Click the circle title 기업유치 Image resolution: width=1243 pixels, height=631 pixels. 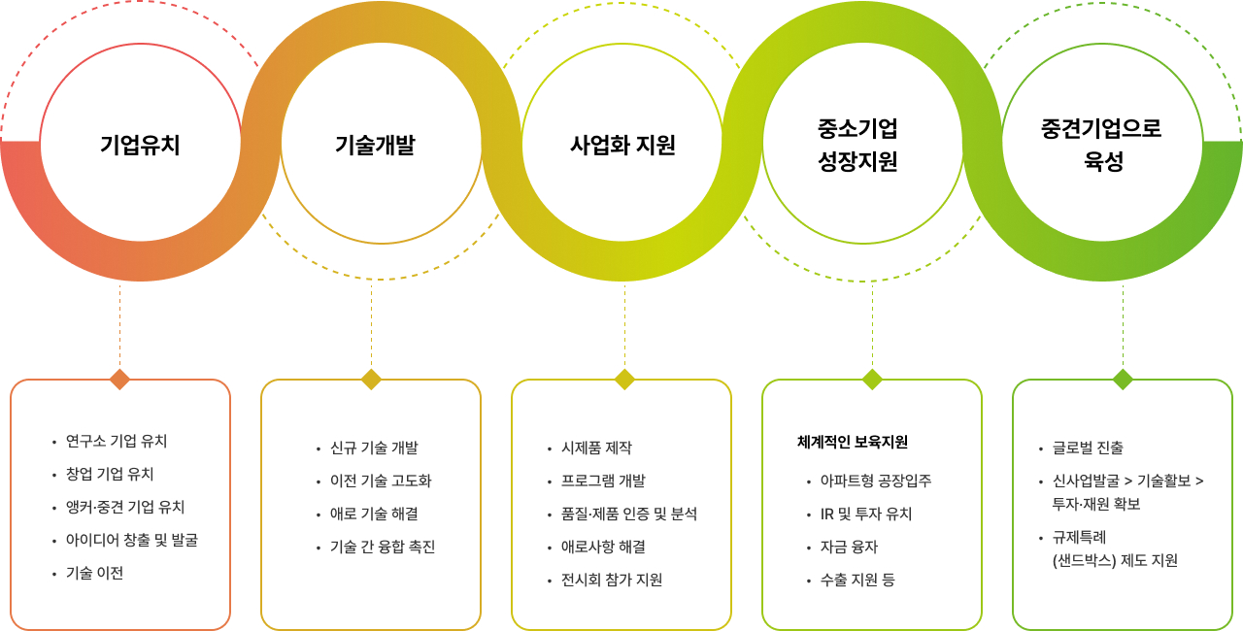[140, 146]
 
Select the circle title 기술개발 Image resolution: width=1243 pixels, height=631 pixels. [375, 146]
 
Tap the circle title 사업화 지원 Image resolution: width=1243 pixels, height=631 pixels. [622, 146]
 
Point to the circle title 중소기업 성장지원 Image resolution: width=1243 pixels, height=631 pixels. [857, 145]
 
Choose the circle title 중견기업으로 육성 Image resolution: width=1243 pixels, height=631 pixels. [1101, 145]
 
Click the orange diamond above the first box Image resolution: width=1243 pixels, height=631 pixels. [119, 379]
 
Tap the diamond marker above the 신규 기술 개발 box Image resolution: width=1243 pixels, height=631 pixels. [371, 379]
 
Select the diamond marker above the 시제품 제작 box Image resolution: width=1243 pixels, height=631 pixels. [624, 379]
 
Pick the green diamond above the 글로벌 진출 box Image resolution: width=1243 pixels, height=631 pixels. [1123, 379]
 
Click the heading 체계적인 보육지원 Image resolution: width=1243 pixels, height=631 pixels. [852, 442]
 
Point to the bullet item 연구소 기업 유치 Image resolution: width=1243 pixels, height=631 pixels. [117, 441]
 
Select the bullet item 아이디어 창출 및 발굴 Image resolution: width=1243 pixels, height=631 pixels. [131, 540]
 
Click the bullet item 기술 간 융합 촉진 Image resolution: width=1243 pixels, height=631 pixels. [383, 547]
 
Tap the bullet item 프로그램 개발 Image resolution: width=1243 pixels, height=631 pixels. [603, 481]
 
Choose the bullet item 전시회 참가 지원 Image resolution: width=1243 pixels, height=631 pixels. [612, 580]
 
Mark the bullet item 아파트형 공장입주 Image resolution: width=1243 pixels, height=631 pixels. [875, 481]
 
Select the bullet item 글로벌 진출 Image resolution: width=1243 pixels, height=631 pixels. [1088, 448]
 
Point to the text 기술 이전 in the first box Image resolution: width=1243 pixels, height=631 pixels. [94, 573]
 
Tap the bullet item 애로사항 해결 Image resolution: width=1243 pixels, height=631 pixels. [603, 547]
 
